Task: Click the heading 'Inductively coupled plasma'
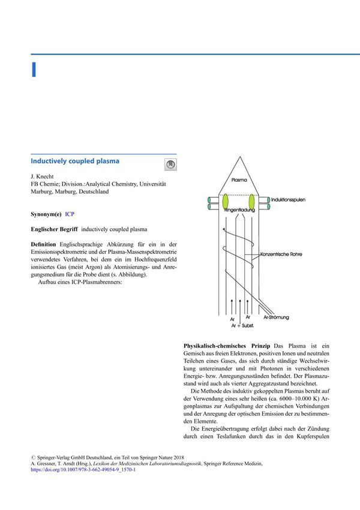click(x=75, y=161)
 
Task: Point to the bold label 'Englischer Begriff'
click(x=54, y=230)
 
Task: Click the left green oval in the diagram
click(x=226, y=202)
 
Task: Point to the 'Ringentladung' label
click(x=239, y=211)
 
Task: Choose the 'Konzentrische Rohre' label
click(x=283, y=254)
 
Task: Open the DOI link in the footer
click(x=83, y=470)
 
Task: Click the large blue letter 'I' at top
click(x=34, y=69)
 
